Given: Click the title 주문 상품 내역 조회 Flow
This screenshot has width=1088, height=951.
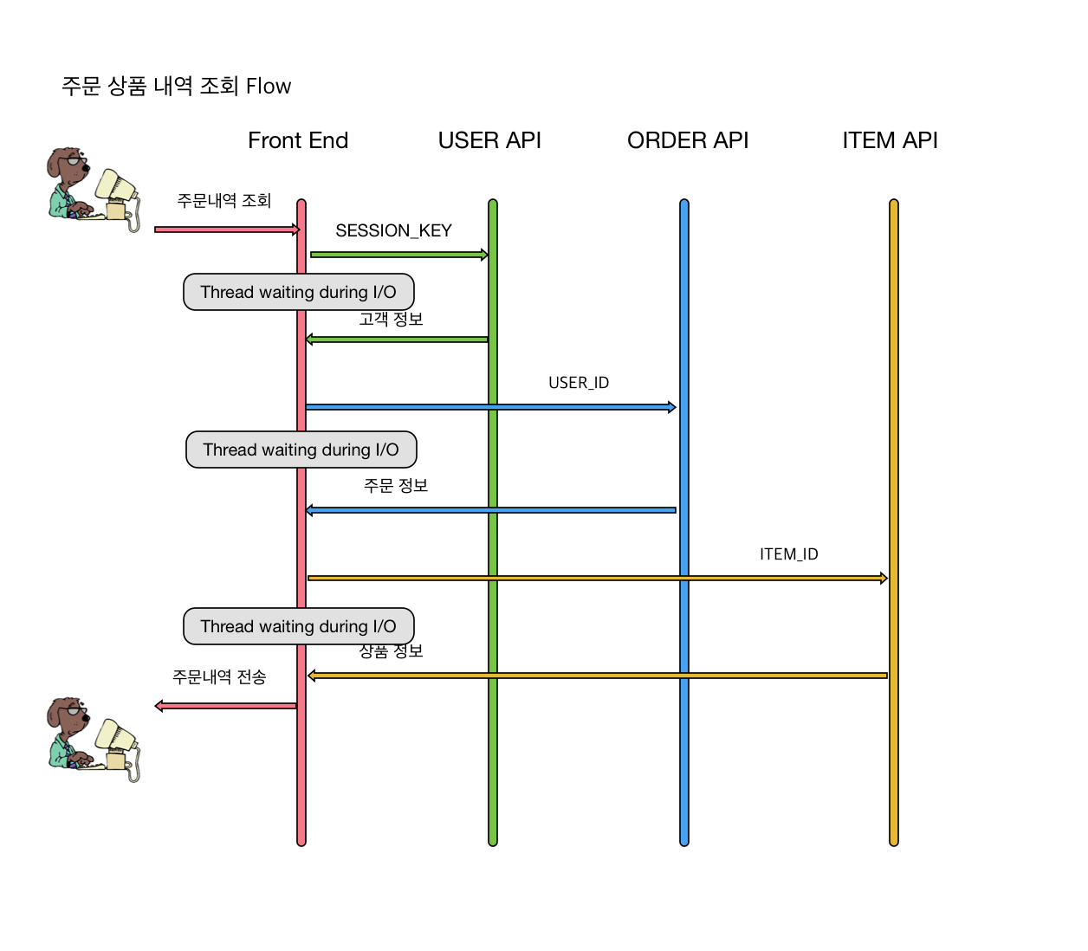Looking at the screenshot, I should click(x=176, y=86).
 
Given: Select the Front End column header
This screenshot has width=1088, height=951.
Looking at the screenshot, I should click(x=298, y=140).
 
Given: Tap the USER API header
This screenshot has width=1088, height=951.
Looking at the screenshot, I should click(x=489, y=140).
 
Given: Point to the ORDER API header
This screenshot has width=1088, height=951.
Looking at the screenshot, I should click(x=688, y=140).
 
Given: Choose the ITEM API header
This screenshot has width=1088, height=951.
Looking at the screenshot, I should click(x=890, y=140).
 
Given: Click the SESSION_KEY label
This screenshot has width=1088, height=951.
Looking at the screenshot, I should click(x=393, y=230).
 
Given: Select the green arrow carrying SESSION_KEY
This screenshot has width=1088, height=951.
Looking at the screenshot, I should click(x=398, y=255).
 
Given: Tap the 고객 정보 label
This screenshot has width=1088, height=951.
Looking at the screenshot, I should click(x=391, y=320).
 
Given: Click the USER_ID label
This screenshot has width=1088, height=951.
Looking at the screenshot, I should click(x=579, y=383).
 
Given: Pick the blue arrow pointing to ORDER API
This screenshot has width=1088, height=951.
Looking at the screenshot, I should click(x=490, y=407).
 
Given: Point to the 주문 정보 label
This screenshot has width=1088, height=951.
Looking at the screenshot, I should click(x=396, y=486).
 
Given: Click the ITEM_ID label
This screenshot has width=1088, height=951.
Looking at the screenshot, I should click(x=788, y=554).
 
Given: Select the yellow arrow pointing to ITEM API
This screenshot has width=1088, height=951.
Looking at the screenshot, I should click(x=598, y=578).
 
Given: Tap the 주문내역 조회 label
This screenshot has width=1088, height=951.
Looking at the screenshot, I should click(x=223, y=201).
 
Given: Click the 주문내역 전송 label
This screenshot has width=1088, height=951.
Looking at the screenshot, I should click(x=219, y=677).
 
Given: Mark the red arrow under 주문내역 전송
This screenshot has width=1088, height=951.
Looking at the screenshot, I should click(x=225, y=706).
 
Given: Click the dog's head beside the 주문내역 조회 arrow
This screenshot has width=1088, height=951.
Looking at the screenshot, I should click(x=68, y=165).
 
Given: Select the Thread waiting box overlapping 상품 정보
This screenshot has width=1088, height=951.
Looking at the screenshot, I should click(x=298, y=626).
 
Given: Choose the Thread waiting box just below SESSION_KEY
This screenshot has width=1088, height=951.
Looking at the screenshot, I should click(x=298, y=292).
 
